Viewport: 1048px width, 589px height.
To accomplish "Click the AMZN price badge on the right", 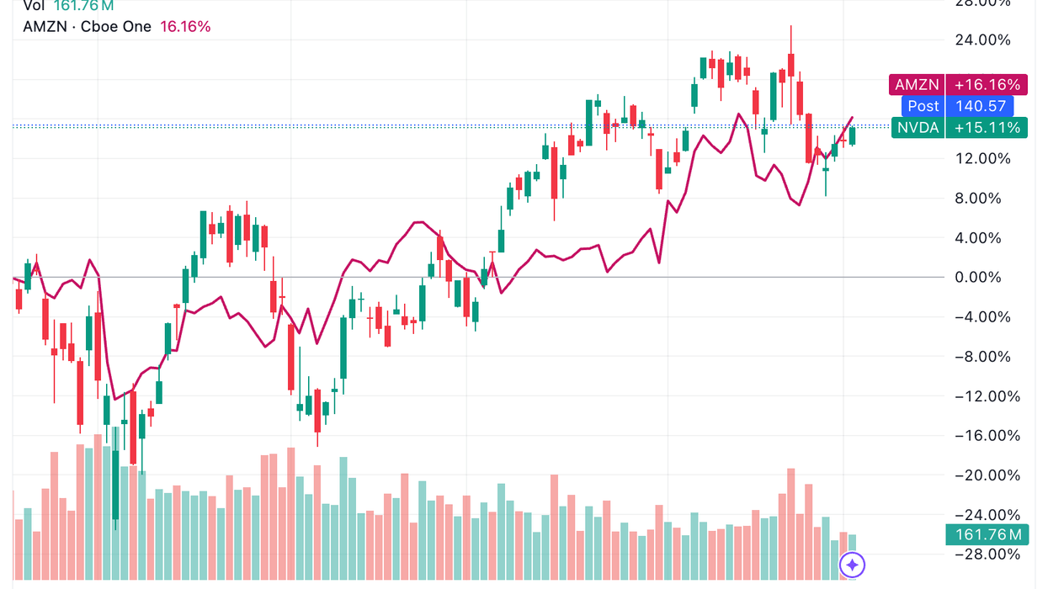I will pyautogui.click(x=917, y=85).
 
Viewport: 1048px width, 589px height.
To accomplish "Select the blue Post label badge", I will pyautogui.click(x=923, y=106).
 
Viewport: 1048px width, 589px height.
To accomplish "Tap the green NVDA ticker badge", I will pyautogui.click(x=917, y=128).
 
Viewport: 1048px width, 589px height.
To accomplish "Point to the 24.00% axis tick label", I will pyautogui.click(x=981, y=40).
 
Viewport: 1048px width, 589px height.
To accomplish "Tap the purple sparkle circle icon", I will pyautogui.click(x=853, y=565).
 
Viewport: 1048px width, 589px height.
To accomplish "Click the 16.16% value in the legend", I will pyautogui.click(x=185, y=27).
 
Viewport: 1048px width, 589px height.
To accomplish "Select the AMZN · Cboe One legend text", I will pyautogui.click(x=88, y=27).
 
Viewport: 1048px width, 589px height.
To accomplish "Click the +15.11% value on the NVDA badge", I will pyautogui.click(x=987, y=128).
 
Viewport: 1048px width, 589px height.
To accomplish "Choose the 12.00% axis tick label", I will pyautogui.click(x=981, y=159).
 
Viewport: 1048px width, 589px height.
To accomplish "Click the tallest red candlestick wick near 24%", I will pyautogui.click(x=791, y=42).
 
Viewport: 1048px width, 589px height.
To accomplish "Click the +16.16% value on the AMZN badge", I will pyautogui.click(x=987, y=85).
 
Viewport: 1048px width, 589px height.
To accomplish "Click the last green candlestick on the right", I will pyautogui.click(x=853, y=135).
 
